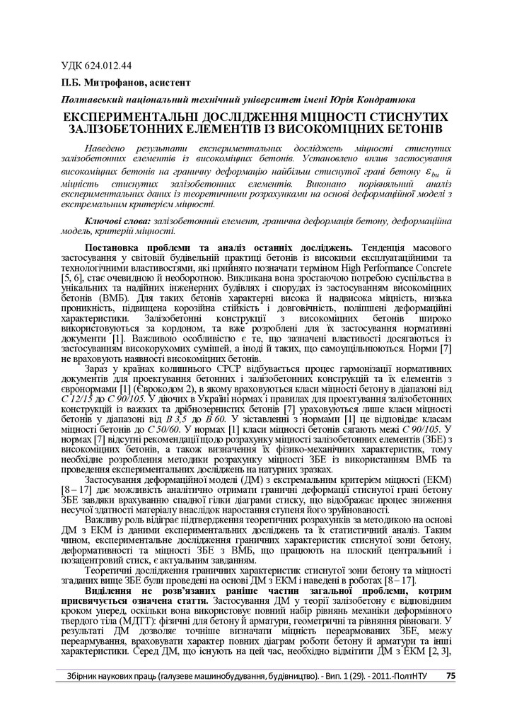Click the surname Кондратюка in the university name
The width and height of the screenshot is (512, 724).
tap(386, 100)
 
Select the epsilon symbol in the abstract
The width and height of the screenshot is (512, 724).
tap(431, 172)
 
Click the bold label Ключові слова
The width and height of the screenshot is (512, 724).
tap(117, 221)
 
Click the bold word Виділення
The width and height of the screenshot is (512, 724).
tap(107, 588)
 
